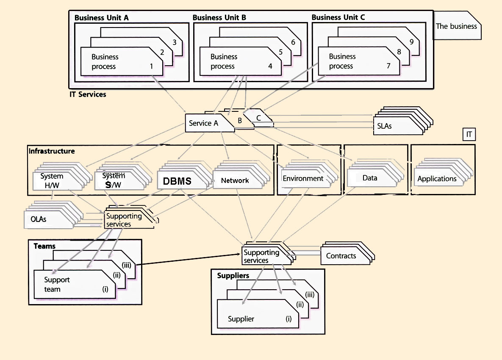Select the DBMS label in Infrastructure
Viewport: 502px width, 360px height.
[x=177, y=181]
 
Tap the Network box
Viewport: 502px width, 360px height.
[x=235, y=180]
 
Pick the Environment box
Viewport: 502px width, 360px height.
[x=303, y=178]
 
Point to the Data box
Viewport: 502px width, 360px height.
[x=369, y=178]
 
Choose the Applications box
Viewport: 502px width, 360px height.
[x=437, y=179]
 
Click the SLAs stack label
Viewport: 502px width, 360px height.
[x=384, y=126]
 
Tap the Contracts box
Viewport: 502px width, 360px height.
[x=341, y=255]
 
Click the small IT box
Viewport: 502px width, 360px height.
[x=469, y=135]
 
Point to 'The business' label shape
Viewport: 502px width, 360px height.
[x=456, y=26]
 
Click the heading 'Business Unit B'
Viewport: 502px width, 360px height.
[x=219, y=18]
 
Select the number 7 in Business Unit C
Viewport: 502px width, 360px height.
[x=388, y=66]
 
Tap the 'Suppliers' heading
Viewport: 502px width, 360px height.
[x=233, y=276]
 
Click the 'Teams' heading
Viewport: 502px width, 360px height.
[x=44, y=246]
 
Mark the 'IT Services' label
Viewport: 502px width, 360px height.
[x=88, y=94]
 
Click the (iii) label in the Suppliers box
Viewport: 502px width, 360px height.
[x=310, y=294]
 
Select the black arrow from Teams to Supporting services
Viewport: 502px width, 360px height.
[x=189, y=259]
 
